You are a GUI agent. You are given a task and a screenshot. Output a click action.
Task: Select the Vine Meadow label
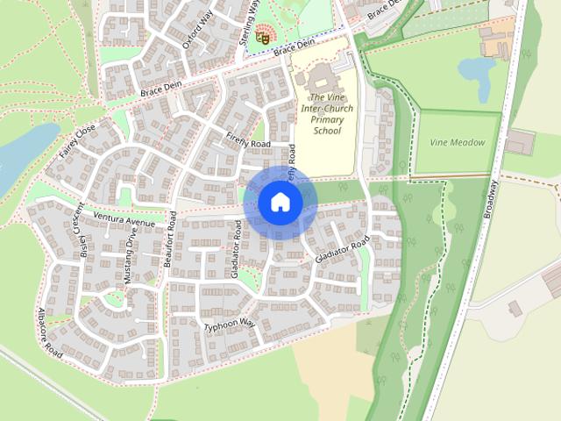tap(457, 142)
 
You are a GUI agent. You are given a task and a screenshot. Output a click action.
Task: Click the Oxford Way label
tap(198, 29)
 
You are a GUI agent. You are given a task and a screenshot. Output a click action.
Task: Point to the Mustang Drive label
tap(130, 259)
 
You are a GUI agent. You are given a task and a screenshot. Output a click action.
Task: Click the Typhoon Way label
tap(230, 325)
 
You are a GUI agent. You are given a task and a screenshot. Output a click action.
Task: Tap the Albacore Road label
tap(50, 332)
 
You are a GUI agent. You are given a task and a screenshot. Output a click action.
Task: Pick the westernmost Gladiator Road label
tap(237, 248)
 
